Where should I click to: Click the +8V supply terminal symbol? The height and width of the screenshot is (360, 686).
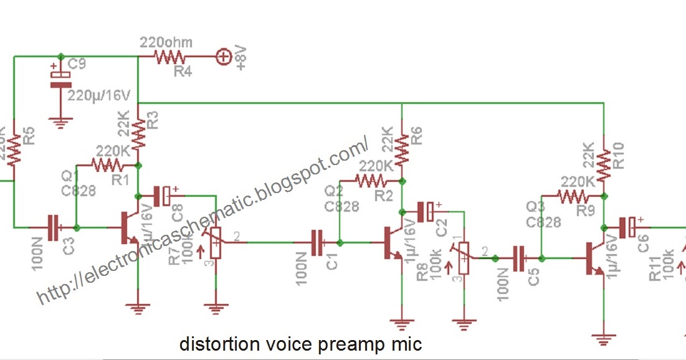click(222, 57)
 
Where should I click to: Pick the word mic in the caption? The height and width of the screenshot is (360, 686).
click(407, 344)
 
